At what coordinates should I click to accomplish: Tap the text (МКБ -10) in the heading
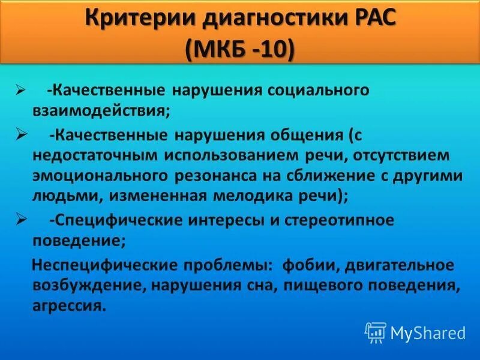tap(240, 49)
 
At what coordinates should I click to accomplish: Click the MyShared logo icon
tap(376, 332)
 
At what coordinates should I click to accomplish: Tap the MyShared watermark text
tap(428, 332)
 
